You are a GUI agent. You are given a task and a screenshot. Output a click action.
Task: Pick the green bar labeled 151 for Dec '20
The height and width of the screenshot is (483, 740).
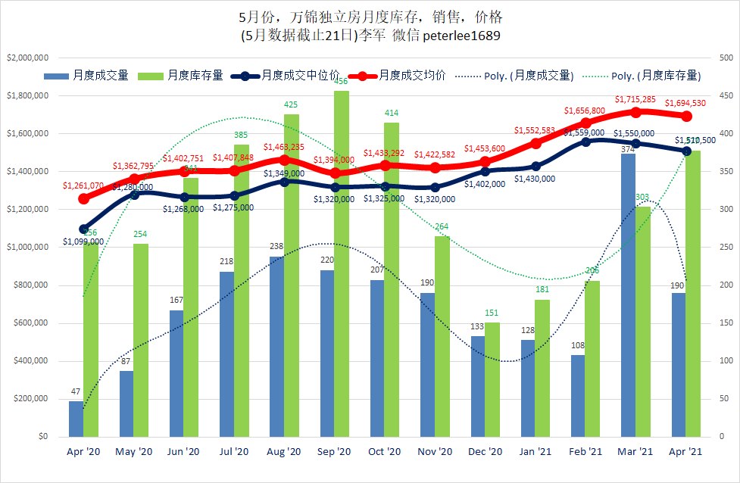492,379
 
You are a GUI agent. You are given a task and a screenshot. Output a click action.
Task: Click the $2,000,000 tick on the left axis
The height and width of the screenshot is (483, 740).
27,58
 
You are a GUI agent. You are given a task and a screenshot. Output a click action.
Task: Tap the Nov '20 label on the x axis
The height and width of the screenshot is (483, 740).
435,452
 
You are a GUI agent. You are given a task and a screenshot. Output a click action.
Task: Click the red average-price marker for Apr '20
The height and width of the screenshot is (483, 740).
83,198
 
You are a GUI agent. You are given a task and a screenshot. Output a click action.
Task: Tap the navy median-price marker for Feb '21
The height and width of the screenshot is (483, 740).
585,142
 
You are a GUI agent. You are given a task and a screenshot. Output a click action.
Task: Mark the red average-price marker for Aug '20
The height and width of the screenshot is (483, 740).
284,160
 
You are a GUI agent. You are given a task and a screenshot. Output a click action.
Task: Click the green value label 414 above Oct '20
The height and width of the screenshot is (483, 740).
392,114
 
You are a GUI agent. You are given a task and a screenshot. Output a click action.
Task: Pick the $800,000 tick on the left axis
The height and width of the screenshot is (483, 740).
27,285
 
